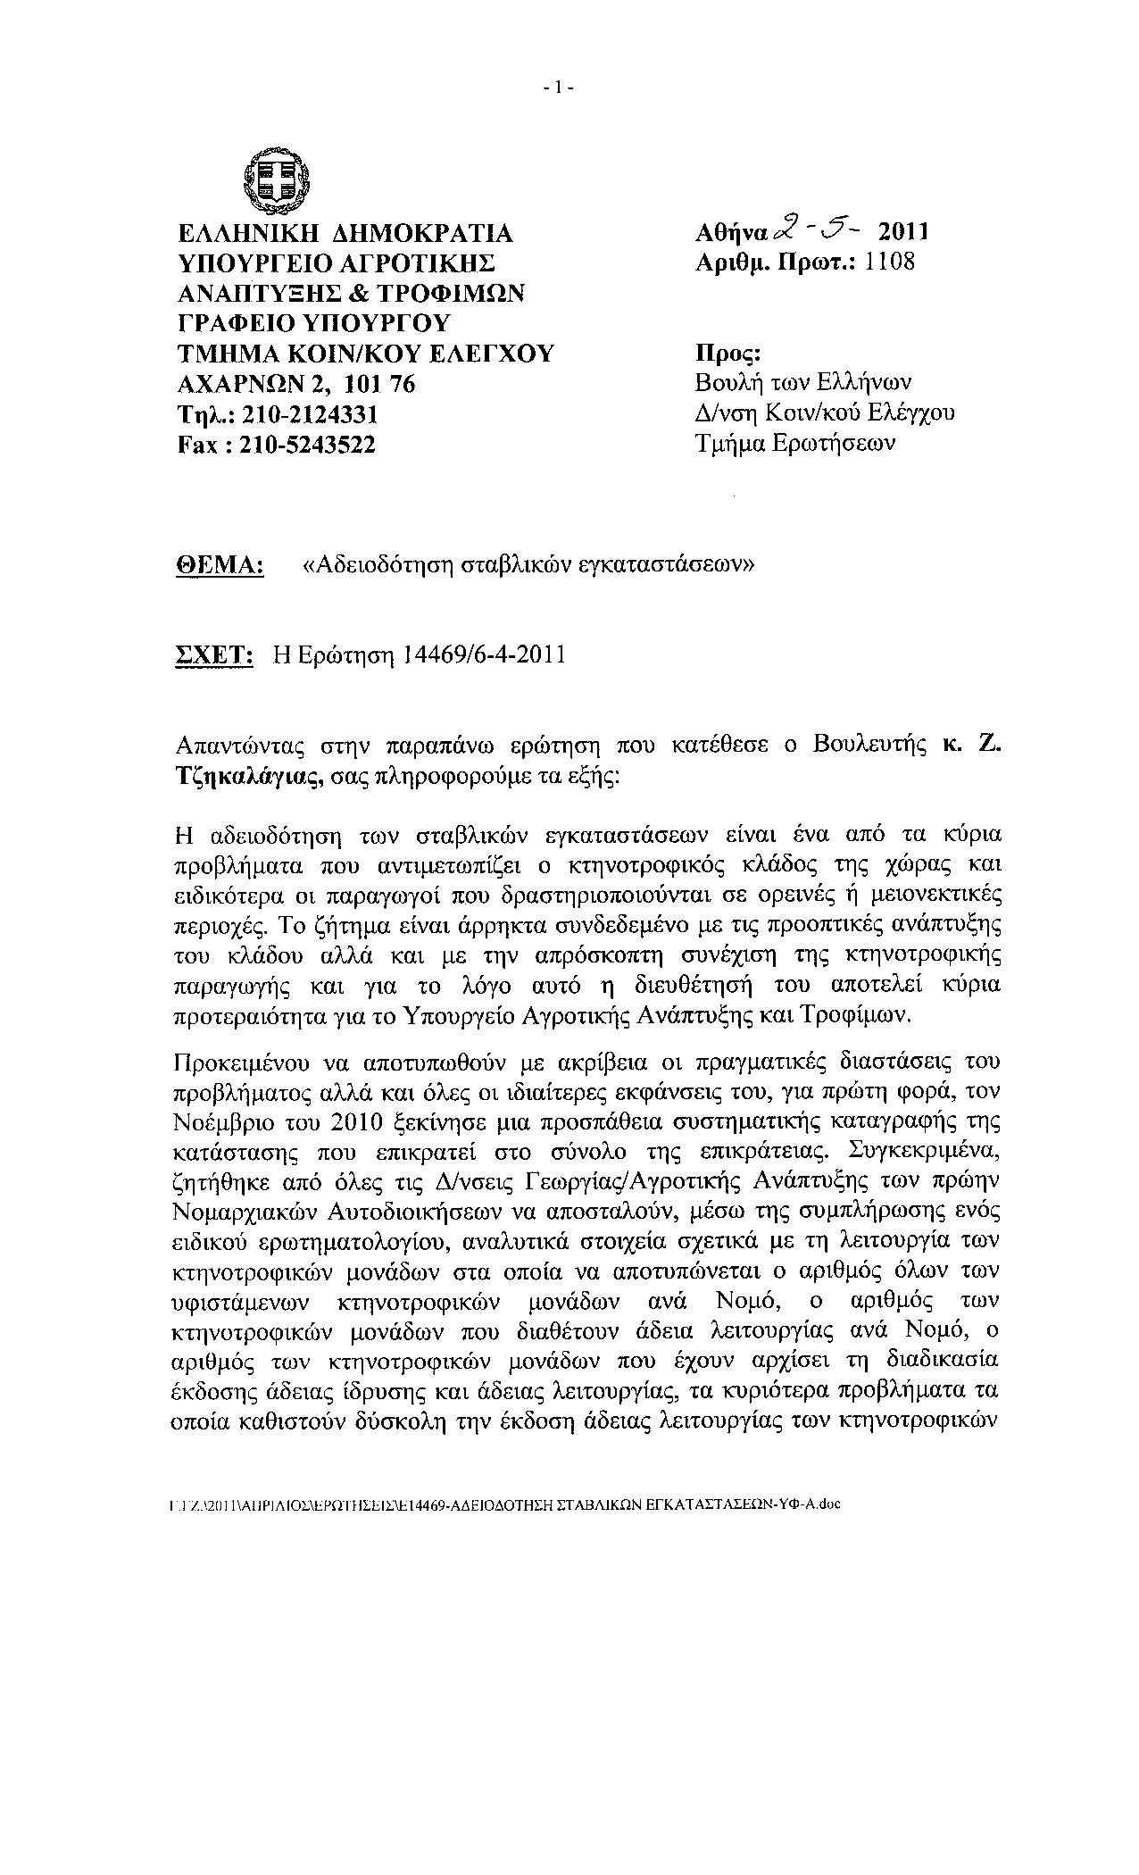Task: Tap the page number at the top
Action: coord(559,87)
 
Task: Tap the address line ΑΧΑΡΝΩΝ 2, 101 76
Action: coord(296,384)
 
